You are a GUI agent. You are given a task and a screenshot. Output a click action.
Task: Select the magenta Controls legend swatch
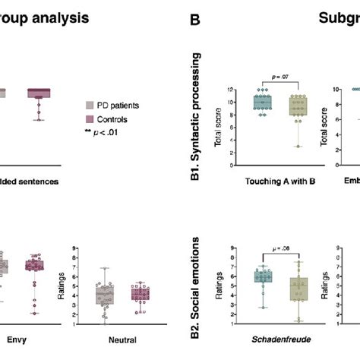90,119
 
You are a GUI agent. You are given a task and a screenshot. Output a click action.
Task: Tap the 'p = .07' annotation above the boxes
281,77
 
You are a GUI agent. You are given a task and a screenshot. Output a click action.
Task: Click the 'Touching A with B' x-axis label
281,182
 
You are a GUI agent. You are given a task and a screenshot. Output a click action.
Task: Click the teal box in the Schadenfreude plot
261,277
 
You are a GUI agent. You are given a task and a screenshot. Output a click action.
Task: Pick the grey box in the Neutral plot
106,295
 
